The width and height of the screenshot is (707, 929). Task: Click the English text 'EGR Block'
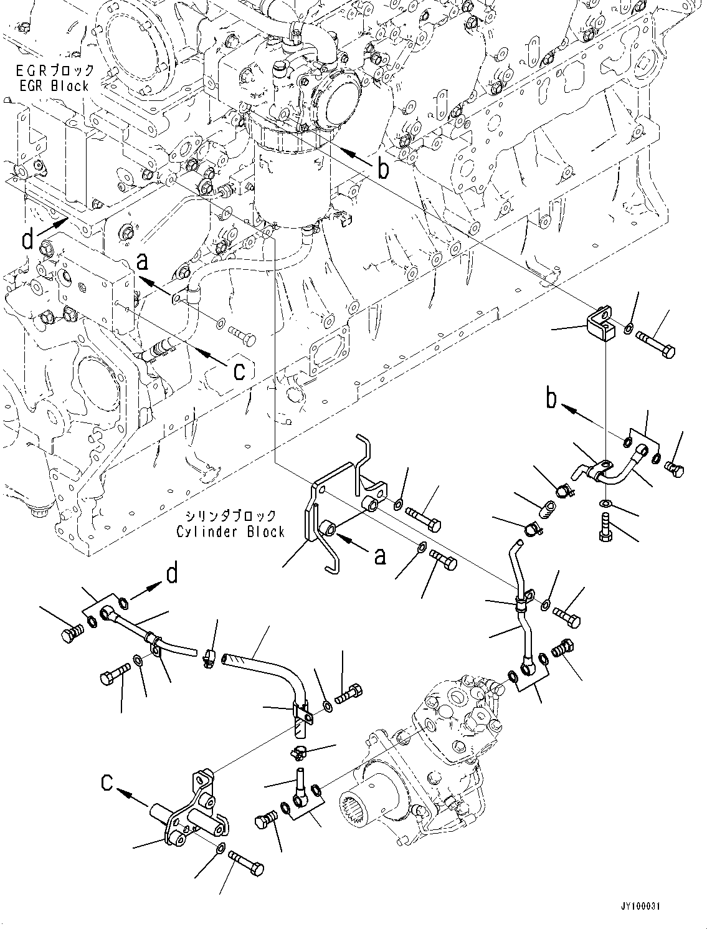[x=55, y=87]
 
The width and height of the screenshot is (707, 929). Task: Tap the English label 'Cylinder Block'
[x=230, y=531]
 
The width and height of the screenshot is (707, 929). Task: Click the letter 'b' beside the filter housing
[x=383, y=169]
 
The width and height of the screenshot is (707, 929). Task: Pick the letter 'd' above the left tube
[x=172, y=574]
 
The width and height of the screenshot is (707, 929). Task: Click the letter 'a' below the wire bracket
[x=381, y=557]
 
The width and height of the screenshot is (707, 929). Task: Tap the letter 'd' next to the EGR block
[x=27, y=239]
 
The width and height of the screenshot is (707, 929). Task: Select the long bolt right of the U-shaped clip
[x=655, y=345]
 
